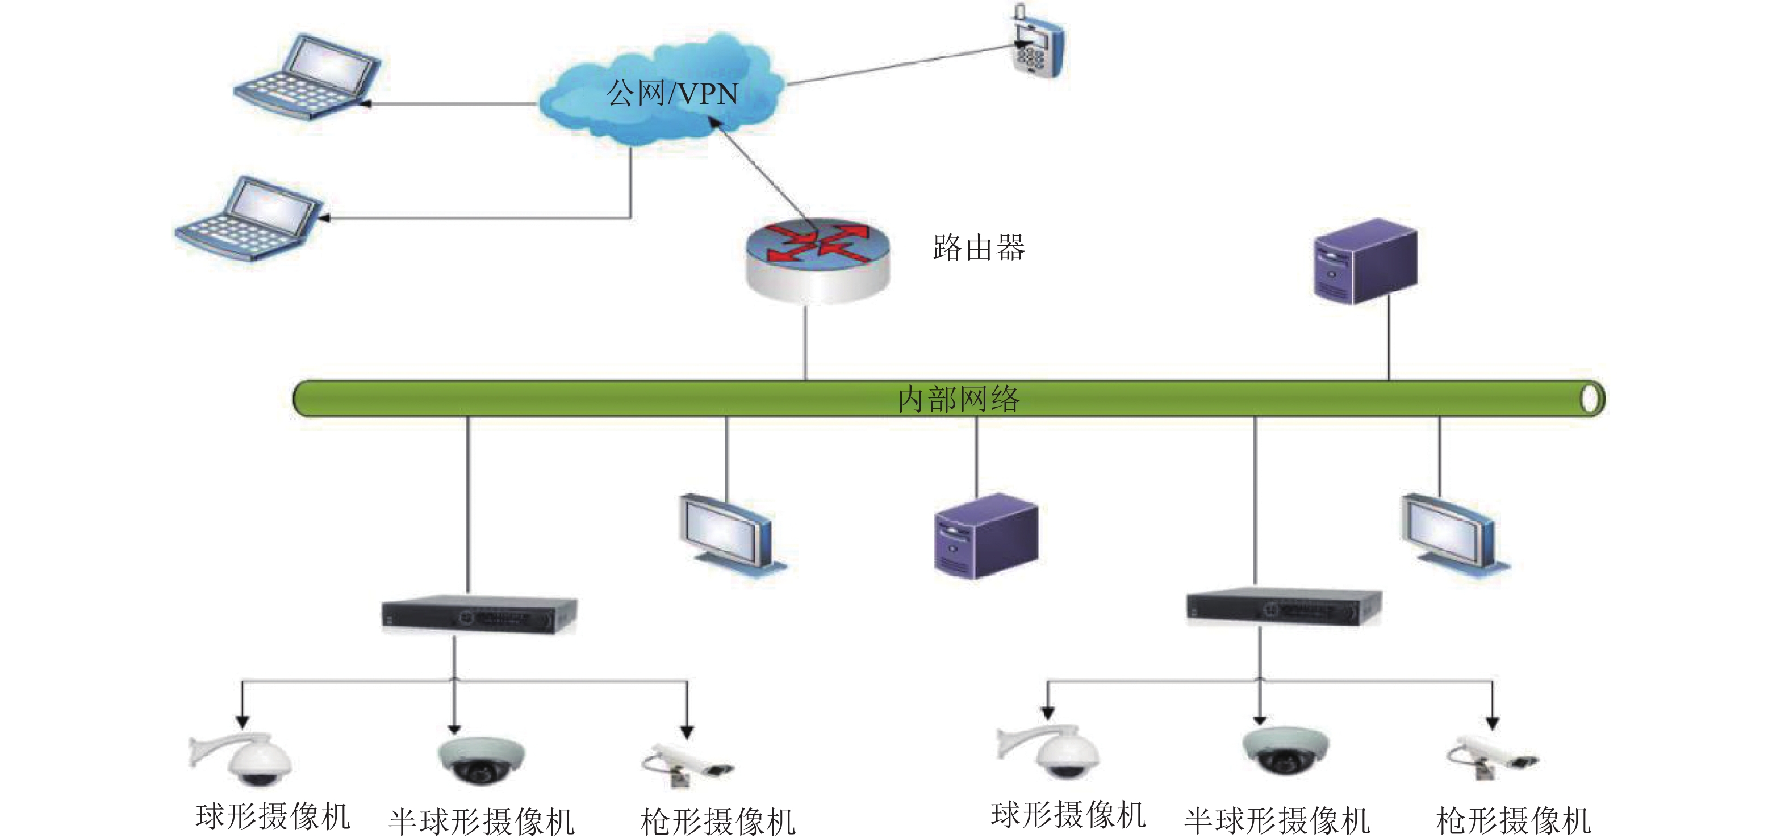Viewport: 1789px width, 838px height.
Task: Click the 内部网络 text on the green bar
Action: point(959,399)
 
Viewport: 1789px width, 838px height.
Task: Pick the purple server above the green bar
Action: point(1365,262)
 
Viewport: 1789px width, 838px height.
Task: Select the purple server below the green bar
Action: point(985,535)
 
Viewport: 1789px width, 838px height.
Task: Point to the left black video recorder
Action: point(479,614)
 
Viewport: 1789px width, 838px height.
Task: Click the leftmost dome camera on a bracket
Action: point(243,757)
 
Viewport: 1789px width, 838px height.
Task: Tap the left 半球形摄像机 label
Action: point(481,822)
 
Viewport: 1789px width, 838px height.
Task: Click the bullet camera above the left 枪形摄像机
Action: point(688,764)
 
